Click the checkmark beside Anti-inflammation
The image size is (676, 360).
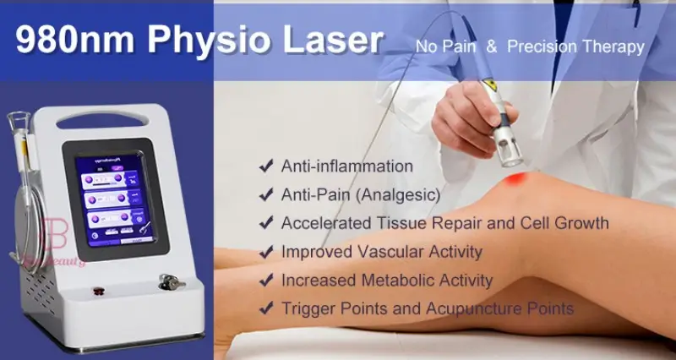coord(264,166)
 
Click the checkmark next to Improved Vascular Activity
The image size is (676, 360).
coord(264,252)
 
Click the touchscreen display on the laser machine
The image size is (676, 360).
coord(115,192)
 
